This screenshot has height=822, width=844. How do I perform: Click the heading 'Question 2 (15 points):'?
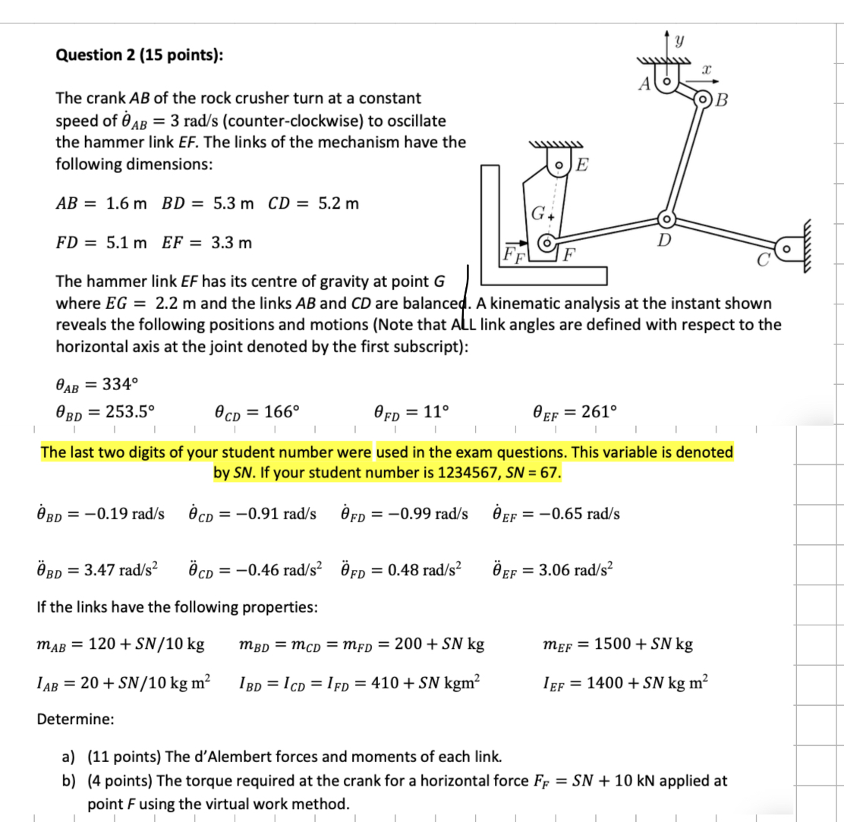[x=140, y=55]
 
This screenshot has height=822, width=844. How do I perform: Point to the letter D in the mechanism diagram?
[x=663, y=241]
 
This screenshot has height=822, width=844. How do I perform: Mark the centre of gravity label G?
[x=537, y=213]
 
